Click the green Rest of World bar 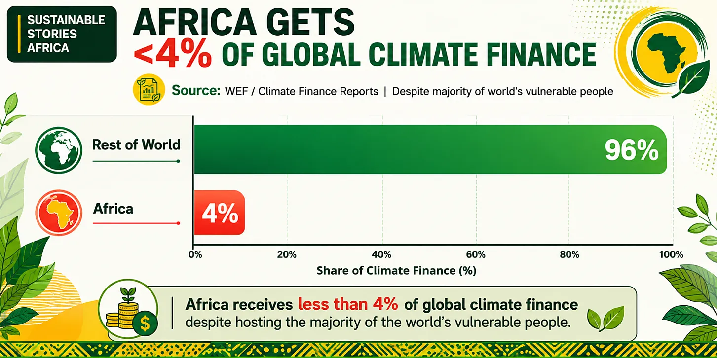tap(430, 149)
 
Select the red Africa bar tap(220, 213)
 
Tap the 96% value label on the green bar tap(631, 150)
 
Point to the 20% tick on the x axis tap(287, 255)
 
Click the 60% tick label tap(476, 255)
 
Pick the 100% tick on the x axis tap(671, 255)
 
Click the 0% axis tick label tap(195, 255)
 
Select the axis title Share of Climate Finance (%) tap(396, 270)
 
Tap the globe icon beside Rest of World tap(59, 150)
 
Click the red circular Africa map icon tap(59, 213)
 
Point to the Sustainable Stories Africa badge tap(62, 34)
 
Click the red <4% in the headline tap(172, 55)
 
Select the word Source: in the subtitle tap(196, 90)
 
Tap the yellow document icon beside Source tap(149, 90)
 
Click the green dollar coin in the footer tap(145, 324)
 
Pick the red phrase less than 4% tap(348, 304)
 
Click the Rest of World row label tap(136, 144)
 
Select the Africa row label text tap(113, 209)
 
